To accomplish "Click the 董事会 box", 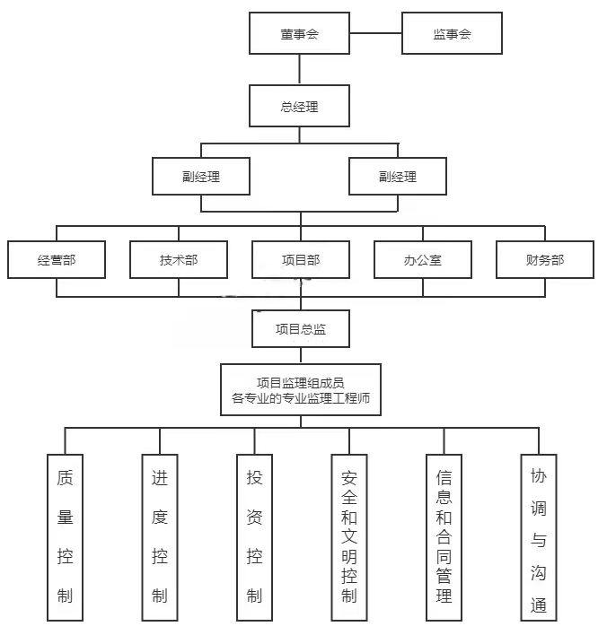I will click(x=300, y=35).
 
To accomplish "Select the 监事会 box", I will click(x=452, y=35).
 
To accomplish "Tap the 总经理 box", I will click(x=300, y=107).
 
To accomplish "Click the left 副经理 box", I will click(x=200, y=177).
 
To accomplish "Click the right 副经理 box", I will click(x=397, y=177).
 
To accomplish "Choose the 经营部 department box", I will click(x=57, y=260).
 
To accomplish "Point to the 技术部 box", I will click(x=179, y=260).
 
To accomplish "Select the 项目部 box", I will click(x=301, y=260).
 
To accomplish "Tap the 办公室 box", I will click(x=423, y=260).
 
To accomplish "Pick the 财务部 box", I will click(x=544, y=260).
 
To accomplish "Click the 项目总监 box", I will click(x=301, y=329).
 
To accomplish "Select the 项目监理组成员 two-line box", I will click(x=301, y=389).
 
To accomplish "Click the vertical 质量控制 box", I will click(x=65, y=536).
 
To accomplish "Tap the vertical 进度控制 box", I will click(x=160, y=536).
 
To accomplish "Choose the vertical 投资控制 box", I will click(x=254, y=536).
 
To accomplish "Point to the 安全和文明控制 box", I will click(x=349, y=536).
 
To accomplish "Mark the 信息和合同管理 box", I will click(x=444, y=536).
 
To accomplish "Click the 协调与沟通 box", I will click(x=538, y=536).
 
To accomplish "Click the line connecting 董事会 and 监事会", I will click(x=375, y=35).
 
